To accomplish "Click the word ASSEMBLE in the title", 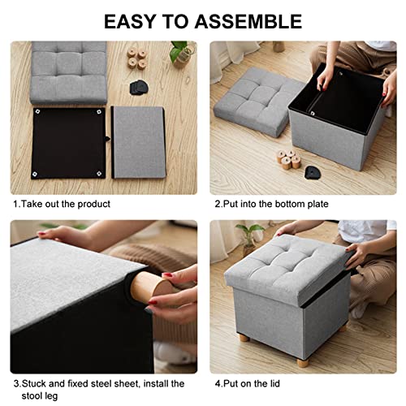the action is click(x=248, y=21).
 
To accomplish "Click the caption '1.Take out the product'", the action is click(x=62, y=204).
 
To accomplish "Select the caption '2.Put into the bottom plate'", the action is click(x=271, y=204).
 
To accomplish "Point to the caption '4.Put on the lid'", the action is click(x=248, y=383).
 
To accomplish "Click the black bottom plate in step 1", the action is click(x=69, y=143).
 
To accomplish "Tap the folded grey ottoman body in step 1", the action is click(x=138, y=142).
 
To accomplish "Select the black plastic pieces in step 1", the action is click(x=139, y=87).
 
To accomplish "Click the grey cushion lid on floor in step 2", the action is click(x=257, y=101).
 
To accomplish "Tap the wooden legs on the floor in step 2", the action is click(x=288, y=160).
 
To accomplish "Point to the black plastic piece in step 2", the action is click(x=313, y=172).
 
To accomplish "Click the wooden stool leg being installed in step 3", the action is click(x=150, y=287).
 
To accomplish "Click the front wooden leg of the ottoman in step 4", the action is click(x=303, y=361).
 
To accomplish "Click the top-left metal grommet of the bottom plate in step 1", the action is click(x=37, y=111).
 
